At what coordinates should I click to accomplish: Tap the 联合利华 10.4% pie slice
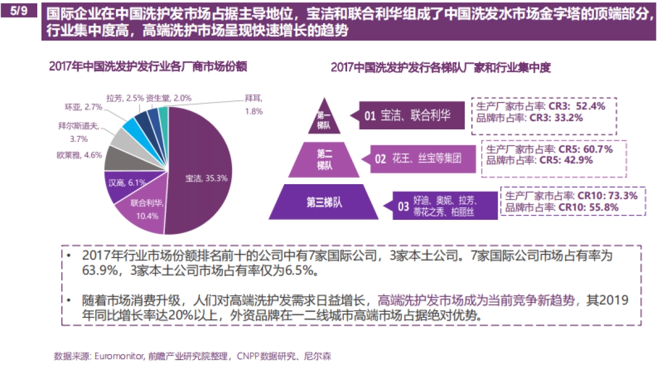144,208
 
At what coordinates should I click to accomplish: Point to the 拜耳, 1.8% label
253,105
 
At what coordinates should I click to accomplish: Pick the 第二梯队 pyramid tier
324,160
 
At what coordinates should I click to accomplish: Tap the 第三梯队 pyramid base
324,203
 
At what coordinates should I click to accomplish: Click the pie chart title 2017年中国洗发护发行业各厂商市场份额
148,67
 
